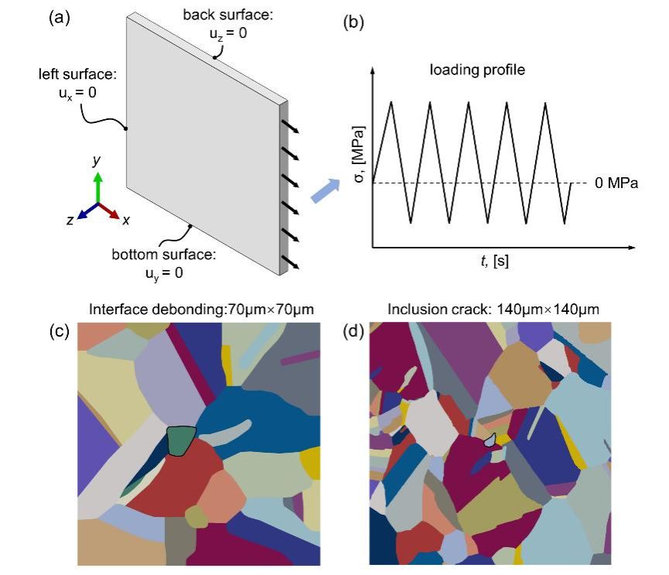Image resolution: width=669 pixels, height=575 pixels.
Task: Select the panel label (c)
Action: click(60, 331)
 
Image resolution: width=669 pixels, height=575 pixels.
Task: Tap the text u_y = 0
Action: click(163, 272)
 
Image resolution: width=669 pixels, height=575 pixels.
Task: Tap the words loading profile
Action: click(478, 70)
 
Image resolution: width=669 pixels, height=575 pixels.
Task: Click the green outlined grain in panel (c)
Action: click(181, 440)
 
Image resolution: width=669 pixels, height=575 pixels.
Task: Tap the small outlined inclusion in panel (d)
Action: click(489, 440)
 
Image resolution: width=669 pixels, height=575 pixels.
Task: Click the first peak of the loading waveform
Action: click(393, 102)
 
